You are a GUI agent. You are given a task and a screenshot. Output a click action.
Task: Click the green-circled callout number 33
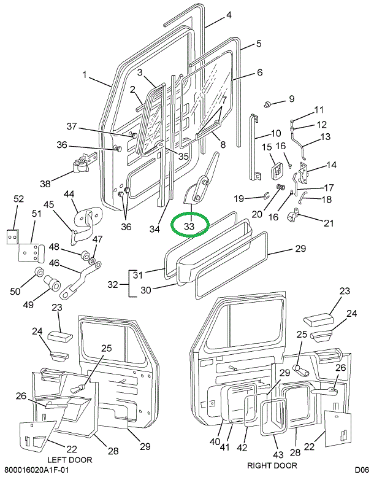[x=189, y=227]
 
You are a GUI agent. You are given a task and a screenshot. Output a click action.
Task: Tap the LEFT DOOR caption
[x=69, y=460]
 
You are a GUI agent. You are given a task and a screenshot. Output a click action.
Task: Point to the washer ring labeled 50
[x=38, y=273]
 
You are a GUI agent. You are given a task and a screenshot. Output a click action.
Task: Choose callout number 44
[x=69, y=195]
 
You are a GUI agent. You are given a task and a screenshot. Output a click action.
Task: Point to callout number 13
[x=325, y=136]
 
